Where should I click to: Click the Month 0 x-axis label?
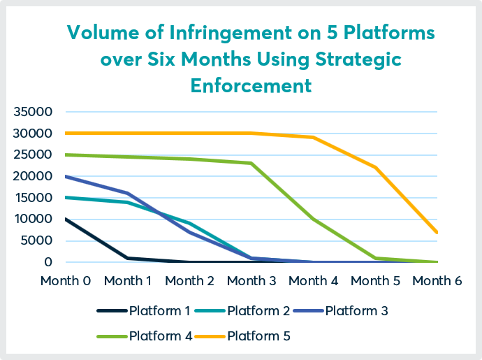click(x=66, y=280)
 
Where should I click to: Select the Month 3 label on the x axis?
click(x=251, y=280)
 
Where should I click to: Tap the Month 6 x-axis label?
click(x=437, y=280)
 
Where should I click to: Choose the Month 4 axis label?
click(x=314, y=280)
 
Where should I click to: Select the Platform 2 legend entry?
click(x=258, y=310)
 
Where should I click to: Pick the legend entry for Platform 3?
click(x=356, y=310)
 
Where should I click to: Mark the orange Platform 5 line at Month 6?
click(x=437, y=232)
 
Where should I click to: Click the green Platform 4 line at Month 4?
click(x=314, y=219)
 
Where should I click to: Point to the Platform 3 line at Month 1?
click(x=128, y=193)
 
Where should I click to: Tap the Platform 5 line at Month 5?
click(x=376, y=168)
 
